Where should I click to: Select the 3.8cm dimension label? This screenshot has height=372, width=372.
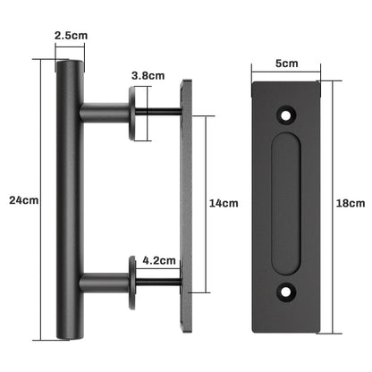pyautogui.click(x=147, y=76)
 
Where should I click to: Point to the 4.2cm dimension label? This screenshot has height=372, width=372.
pyautogui.click(x=159, y=262)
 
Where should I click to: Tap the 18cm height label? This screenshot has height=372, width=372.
pyautogui.click(x=354, y=204)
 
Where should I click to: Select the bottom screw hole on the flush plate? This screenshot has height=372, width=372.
pyautogui.click(x=288, y=290)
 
